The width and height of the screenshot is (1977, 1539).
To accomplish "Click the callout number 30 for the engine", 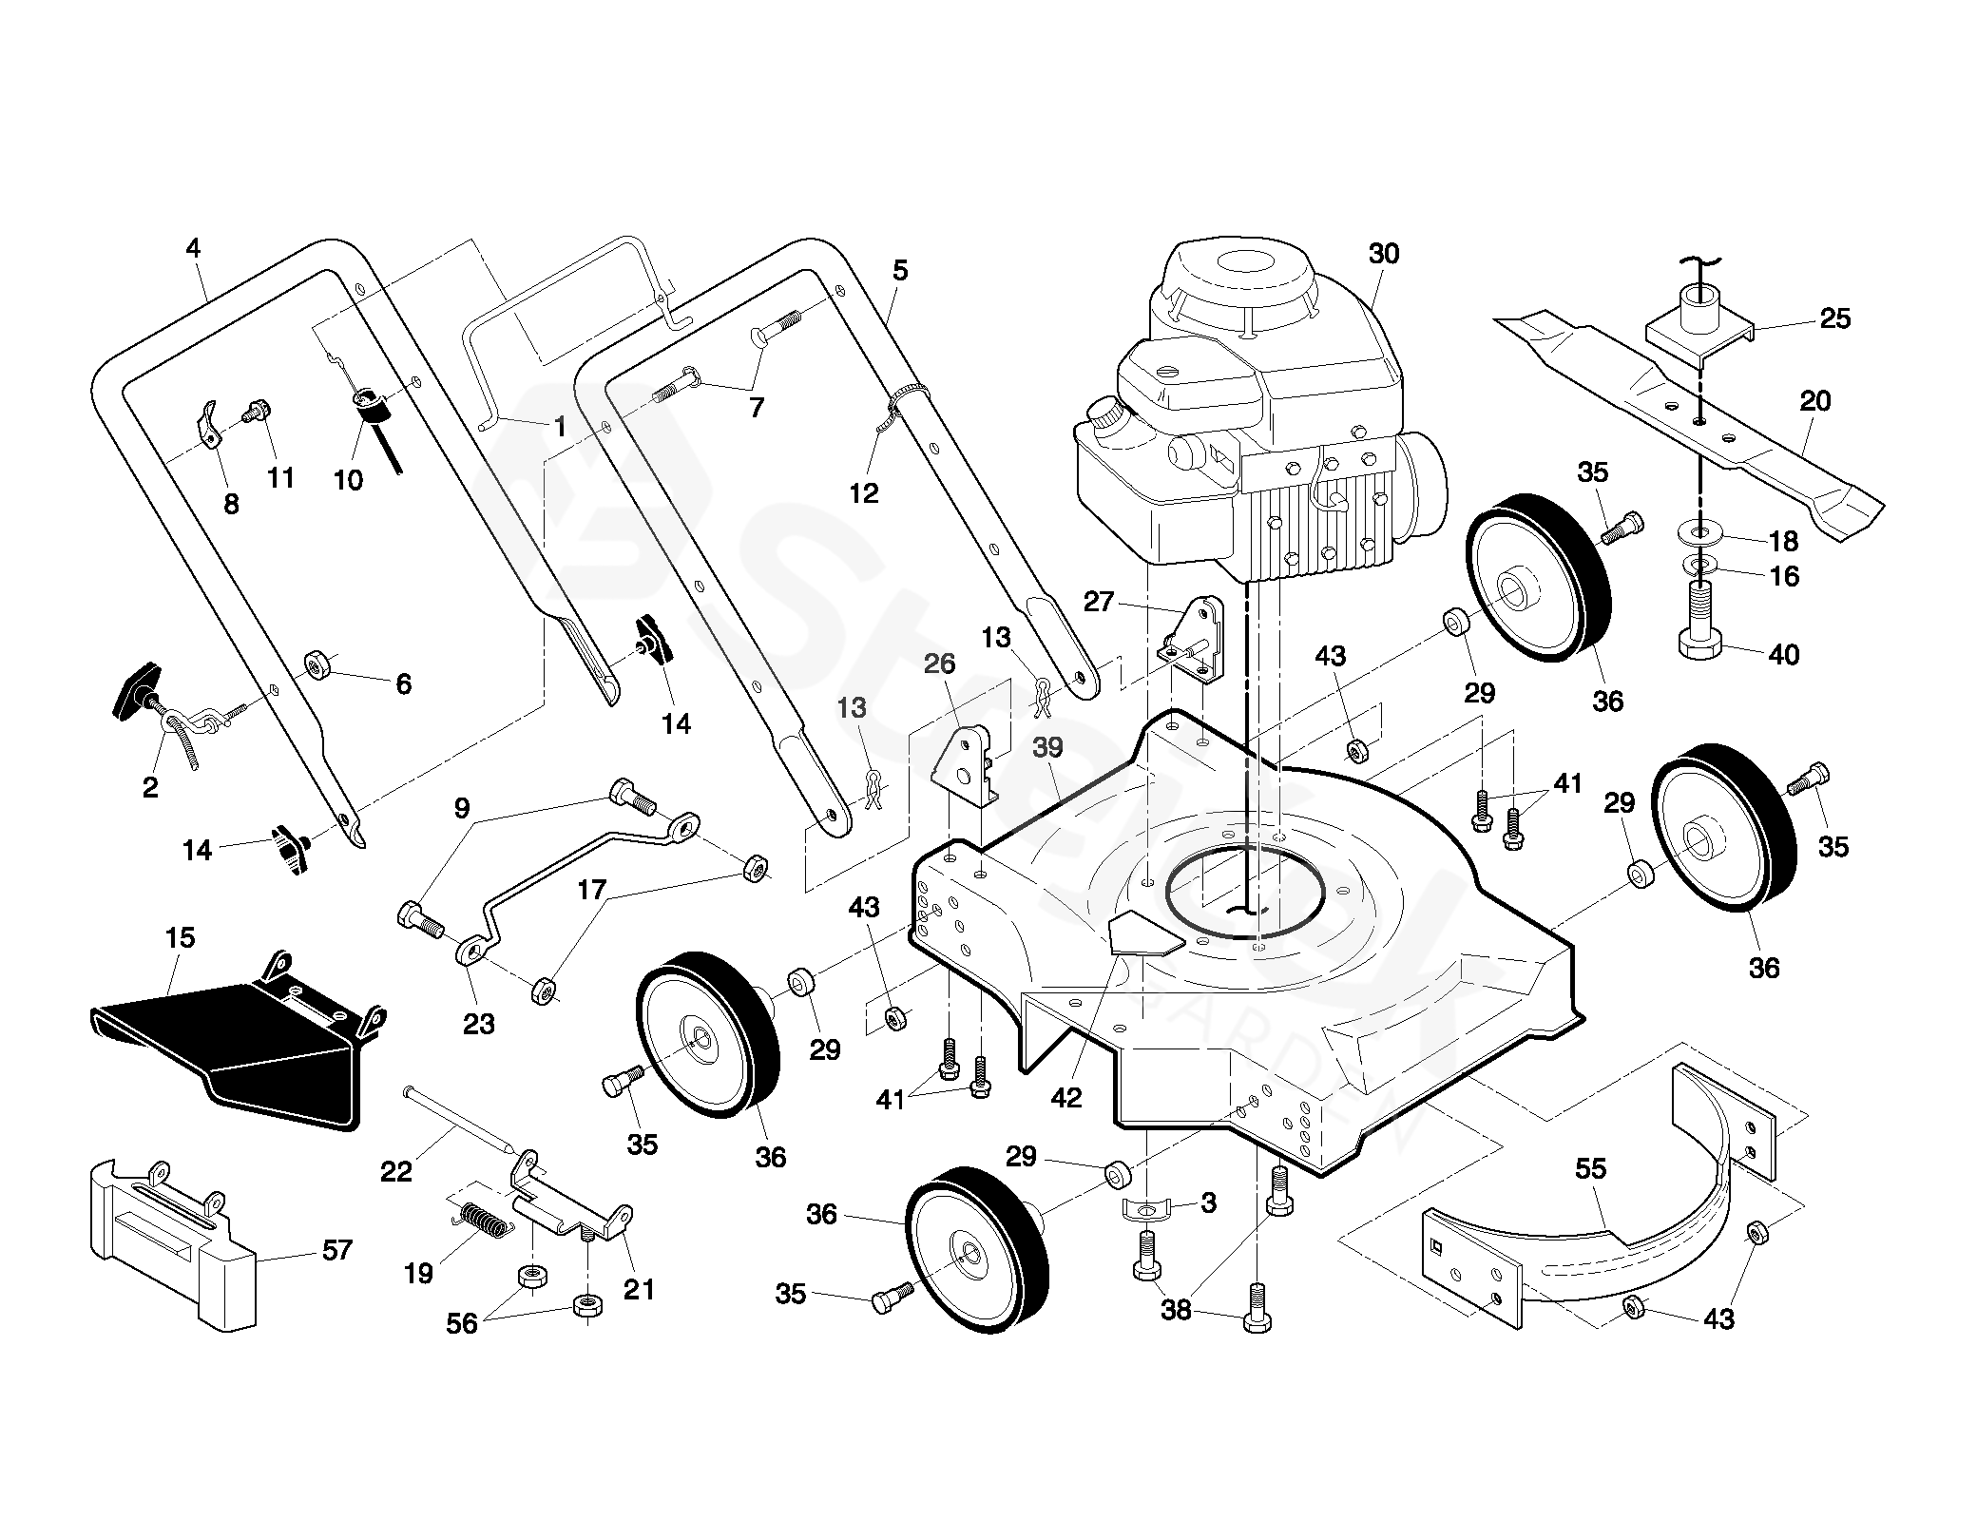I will click(1384, 254).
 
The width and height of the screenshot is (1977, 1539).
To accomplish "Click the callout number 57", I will click(337, 1249).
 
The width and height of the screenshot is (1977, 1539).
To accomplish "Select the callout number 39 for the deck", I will click(1047, 747).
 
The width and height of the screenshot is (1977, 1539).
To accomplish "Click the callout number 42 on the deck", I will click(1066, 1097).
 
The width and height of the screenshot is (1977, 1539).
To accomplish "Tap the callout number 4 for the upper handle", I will click(194, 249).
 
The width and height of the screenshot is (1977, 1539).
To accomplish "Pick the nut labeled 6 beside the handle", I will click(316, 663).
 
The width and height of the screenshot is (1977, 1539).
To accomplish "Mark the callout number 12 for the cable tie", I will click(864, 492).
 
